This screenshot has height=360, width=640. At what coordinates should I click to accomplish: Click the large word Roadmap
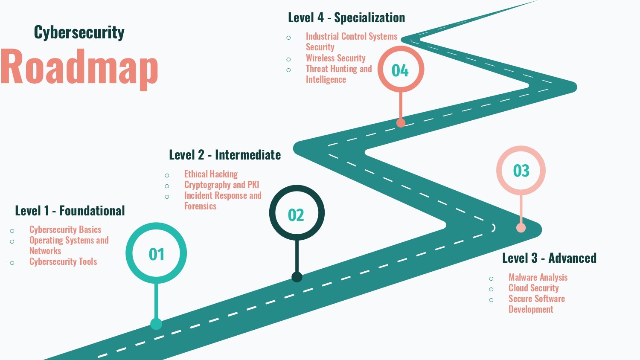pos(79,69)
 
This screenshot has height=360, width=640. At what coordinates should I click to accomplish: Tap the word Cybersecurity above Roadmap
pos(79,32)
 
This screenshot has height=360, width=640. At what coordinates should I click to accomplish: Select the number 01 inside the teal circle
pos(156,254)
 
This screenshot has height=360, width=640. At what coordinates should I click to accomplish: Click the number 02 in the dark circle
pos(296,215)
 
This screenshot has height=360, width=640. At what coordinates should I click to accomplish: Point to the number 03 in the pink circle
pos(521,171)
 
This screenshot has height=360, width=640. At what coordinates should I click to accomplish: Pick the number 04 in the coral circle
pos(400,70)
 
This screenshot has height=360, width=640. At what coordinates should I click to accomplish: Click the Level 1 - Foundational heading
pos(70,211)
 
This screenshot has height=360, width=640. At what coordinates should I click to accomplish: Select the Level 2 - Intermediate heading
pos(225,155)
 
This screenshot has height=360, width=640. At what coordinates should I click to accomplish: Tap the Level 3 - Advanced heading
pos(550,258)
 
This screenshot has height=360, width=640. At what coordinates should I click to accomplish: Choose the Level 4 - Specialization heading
pos(346,17)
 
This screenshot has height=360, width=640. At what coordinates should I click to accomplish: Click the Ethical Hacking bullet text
pos(211,174)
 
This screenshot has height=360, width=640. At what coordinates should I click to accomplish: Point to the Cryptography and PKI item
pos(222,185)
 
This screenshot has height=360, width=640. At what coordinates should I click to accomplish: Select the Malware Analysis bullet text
pos(538,277)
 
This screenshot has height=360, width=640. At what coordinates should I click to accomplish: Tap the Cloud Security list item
pos(533,288)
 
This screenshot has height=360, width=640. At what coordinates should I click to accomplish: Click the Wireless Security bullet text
pos(336,58)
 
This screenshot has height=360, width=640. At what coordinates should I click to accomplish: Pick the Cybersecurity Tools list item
pos(63,261)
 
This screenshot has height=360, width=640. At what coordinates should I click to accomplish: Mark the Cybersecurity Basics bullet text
pos(65,229)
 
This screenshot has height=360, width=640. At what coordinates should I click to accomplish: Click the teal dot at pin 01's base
pos(156,324)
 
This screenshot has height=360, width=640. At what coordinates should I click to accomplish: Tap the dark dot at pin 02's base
pos(297,277)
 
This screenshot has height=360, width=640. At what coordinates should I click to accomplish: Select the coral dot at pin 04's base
pos(401,123)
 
